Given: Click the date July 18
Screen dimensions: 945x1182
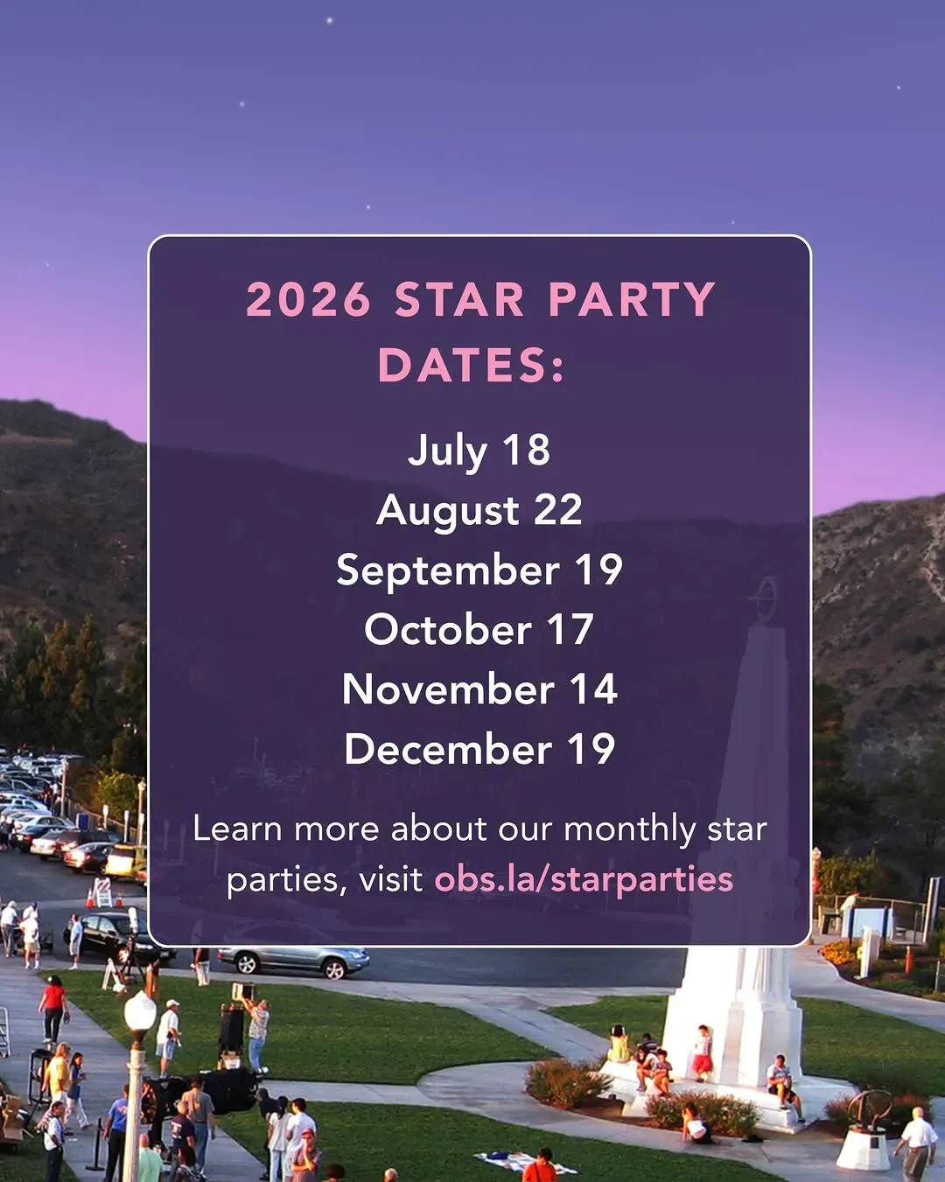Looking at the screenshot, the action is (x=479, y=451).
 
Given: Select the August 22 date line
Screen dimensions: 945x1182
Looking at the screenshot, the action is (x=479, y=510).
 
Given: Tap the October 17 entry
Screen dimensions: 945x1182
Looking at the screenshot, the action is (x=479, y=629).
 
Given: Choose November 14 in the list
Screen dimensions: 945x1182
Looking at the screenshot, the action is (x=479, y=689).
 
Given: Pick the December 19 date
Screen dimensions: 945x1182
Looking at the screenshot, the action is (x=479, y=749).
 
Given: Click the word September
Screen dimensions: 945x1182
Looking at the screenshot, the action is (x=448, y=571).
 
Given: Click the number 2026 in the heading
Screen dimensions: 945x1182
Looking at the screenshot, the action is (x=308, y=299).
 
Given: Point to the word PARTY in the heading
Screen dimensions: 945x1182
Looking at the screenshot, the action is (x=632, y=299).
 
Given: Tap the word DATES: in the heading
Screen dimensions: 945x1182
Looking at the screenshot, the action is (x=471, y=365).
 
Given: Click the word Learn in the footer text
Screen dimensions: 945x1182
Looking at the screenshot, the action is (x=237, y=829).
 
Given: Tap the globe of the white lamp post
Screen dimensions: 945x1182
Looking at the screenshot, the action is (x=139, y=1009).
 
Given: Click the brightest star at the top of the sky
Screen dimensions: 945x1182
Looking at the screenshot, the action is (x=330, y=21).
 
